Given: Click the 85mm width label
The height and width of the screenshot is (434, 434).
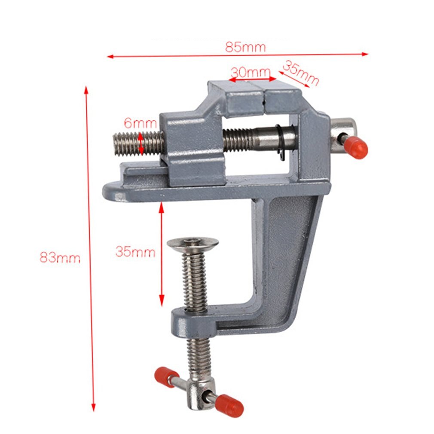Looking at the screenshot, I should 245,47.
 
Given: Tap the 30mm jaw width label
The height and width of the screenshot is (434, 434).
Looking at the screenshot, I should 250,72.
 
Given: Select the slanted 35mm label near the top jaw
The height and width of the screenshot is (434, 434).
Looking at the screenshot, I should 301,73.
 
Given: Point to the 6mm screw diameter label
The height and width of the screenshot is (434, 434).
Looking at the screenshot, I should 140,123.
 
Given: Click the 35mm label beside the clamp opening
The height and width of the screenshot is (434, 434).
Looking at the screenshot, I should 135,252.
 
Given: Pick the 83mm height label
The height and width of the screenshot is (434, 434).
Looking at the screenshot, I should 60,258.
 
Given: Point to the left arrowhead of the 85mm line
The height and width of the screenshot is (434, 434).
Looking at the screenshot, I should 110,56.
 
